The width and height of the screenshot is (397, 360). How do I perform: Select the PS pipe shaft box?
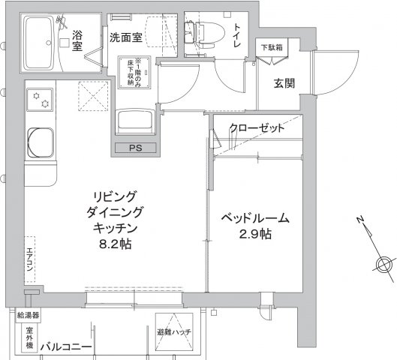point(135,148)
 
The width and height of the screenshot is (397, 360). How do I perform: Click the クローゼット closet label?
point(257,127)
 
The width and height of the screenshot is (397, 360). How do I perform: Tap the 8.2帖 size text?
point(115,243)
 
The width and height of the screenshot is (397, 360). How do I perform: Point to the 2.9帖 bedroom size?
point(256,235)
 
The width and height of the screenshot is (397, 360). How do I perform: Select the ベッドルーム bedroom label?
point(255,218)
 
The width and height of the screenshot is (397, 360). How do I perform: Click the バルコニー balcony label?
point(66,346)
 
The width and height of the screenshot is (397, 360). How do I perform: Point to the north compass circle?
point(385,263)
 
